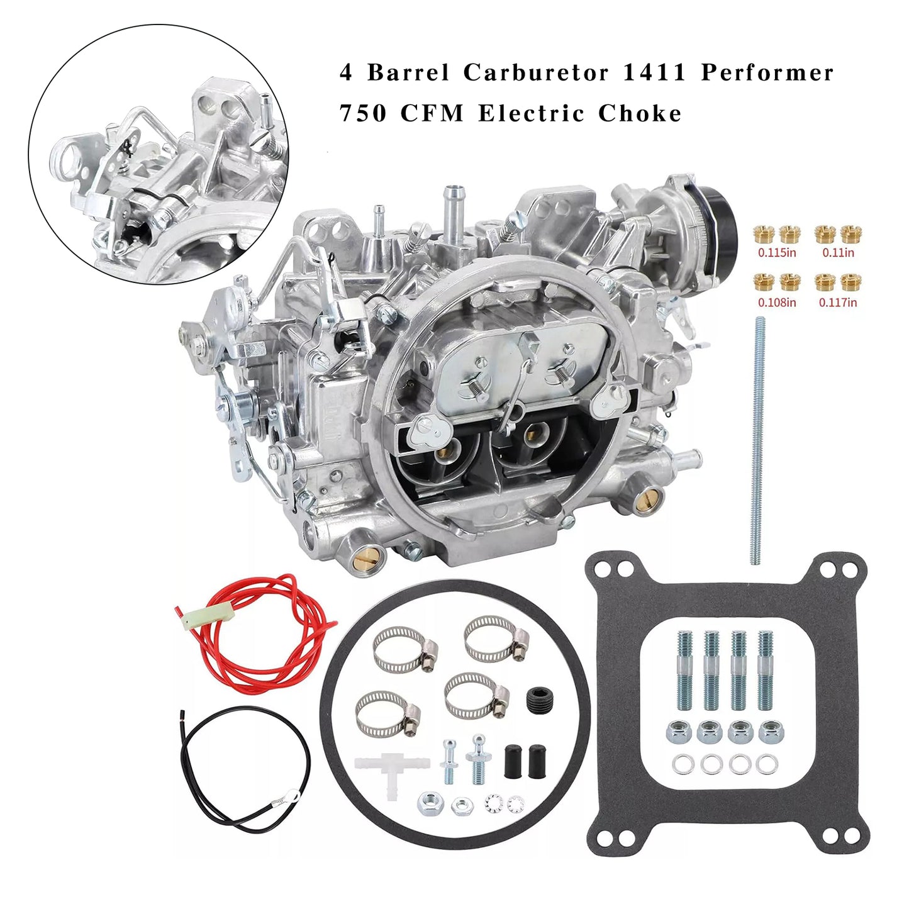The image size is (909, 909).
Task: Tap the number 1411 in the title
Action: click(655, 73)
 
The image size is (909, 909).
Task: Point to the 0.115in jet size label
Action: click(776, 253)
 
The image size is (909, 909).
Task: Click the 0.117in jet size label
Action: click(837, 303)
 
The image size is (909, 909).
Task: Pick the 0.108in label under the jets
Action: click(776, 303)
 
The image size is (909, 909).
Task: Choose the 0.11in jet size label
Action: click(838, 253)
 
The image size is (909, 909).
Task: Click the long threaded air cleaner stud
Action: click(758, 440)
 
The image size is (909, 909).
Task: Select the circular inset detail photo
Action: click(157, 154)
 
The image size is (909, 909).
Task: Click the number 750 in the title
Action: click(363, 114)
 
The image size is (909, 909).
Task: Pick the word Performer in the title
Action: click(767, 73)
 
